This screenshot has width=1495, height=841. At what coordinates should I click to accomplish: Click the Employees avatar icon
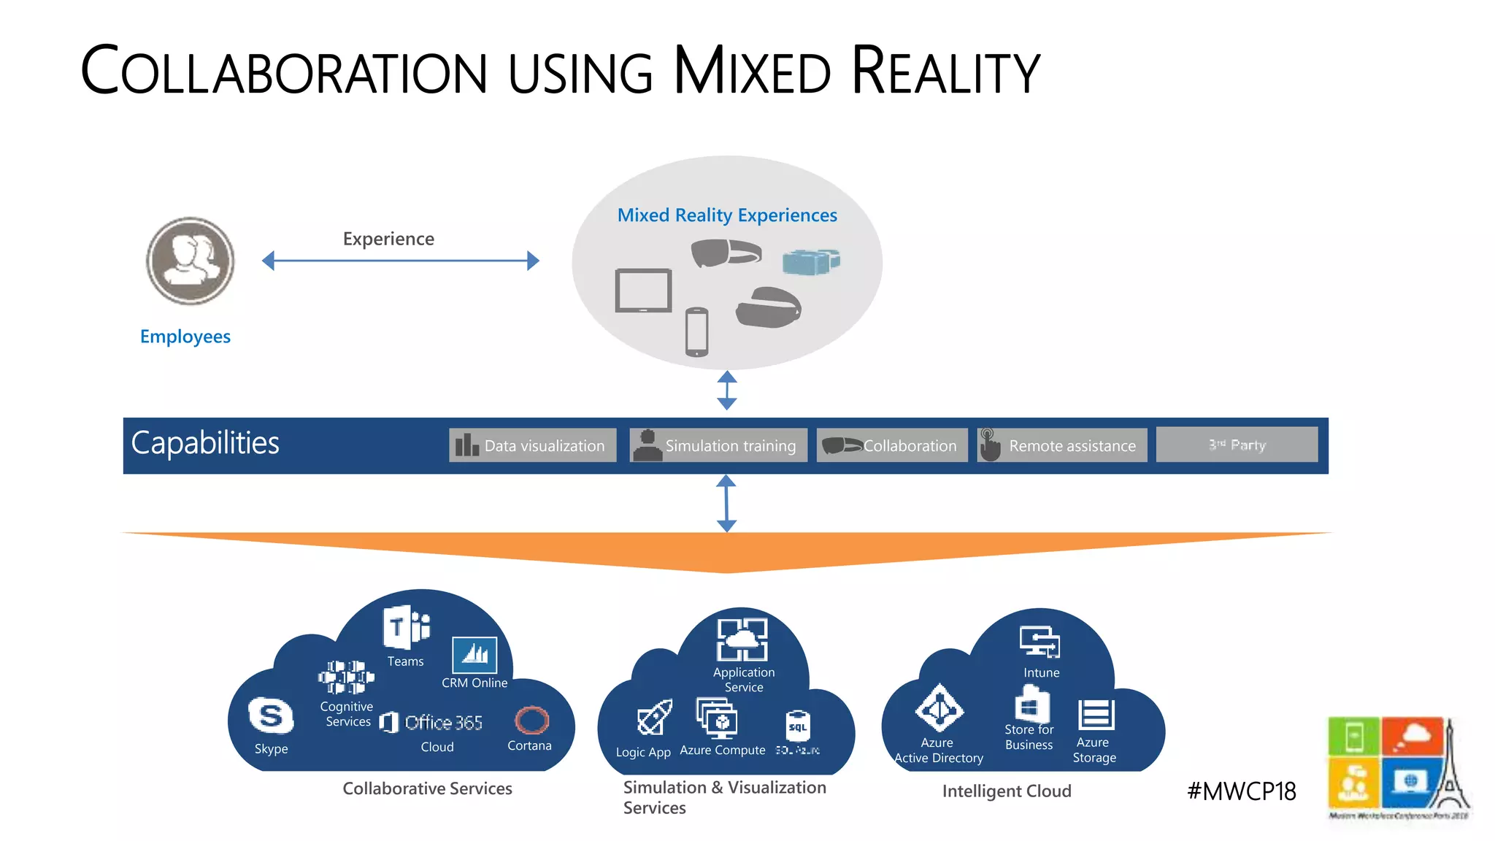[191, 261]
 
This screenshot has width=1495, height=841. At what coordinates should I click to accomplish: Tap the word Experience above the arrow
[388, 239]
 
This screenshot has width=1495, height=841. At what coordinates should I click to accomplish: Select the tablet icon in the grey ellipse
[643, 291]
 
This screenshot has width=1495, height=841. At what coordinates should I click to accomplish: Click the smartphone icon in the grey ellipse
[696, 332]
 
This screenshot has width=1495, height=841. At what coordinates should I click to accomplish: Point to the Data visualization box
[532, 445]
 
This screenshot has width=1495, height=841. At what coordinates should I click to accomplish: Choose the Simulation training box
[718, 445]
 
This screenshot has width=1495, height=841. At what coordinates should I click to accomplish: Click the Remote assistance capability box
[1062, 445]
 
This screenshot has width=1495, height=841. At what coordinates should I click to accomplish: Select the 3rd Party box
[1237, 445]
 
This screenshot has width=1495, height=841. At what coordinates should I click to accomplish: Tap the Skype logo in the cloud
[271, 716]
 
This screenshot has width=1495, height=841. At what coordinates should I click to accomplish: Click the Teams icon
[406, 627]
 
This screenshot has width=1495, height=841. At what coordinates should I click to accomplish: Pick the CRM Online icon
[474, 655]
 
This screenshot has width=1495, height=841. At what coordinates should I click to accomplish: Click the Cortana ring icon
[531, 721]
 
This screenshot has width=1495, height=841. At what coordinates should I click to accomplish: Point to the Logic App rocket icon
[654, 718]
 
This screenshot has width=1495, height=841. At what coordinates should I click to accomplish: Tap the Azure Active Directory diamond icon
[939, 708]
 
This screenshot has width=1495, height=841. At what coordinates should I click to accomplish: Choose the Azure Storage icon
[1096, 714]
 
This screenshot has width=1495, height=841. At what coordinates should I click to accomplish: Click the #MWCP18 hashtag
[1242, 791]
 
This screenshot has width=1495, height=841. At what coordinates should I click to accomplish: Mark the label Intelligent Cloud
[1007, 791]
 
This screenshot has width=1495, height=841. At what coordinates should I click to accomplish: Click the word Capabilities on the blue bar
[205, 443]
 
